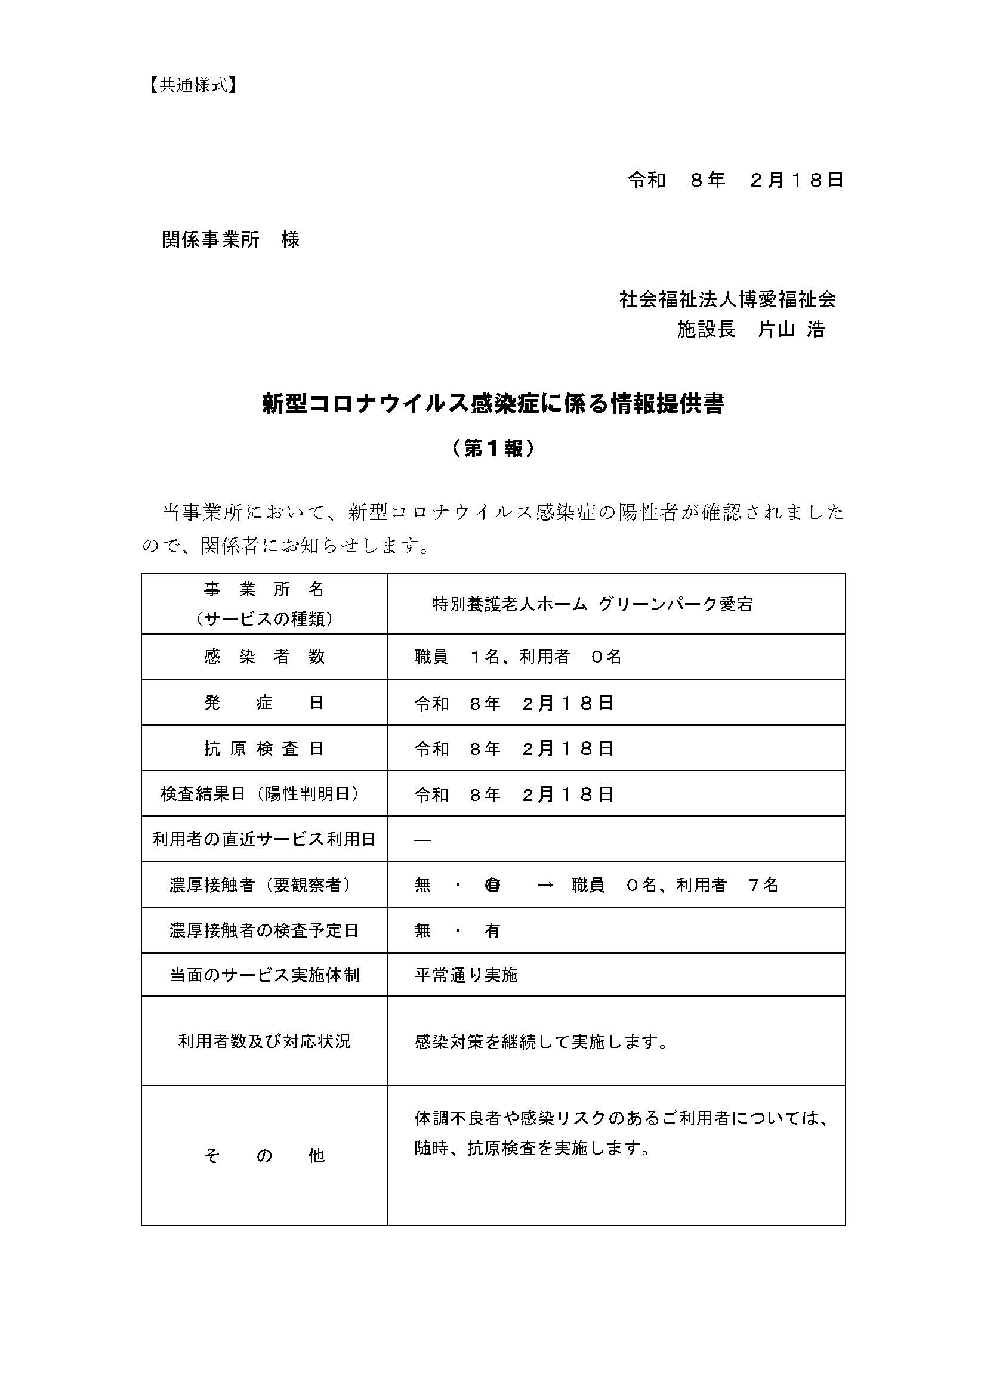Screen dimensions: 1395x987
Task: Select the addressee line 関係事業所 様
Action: coord(230,240)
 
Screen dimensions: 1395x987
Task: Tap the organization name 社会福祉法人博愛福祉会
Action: coord(727,299)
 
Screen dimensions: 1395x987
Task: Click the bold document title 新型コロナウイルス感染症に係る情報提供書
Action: coord(493,404)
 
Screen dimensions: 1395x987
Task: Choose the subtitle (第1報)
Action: coord(493,448)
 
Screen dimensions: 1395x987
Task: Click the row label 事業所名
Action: coord(264,589)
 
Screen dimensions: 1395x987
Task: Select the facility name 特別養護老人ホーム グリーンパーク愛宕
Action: coord(593,604)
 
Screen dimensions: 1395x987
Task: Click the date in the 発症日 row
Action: coord(514,703)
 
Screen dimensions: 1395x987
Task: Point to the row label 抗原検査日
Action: coord(264,748)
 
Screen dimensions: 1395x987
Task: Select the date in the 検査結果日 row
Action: coord(514,794)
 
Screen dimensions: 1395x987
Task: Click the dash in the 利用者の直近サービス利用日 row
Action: coord(422,840)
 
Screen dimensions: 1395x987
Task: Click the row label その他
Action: coord(264,1156)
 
